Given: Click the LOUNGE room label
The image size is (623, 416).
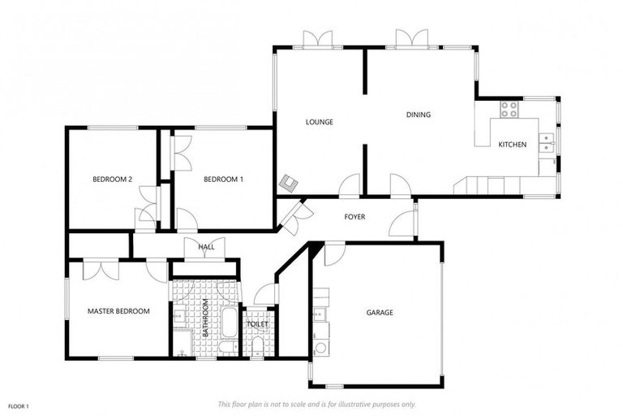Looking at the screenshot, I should (319, 122).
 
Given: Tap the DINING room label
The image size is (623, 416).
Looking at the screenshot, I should (418, 115).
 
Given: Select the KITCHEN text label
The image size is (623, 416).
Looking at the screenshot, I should (512, 145).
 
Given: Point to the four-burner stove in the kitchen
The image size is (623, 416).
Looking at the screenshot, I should (509, 109).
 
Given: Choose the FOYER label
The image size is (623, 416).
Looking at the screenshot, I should (354, 217).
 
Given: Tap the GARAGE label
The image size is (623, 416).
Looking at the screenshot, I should (379, 312).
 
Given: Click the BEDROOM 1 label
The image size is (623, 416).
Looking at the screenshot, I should (223, 179).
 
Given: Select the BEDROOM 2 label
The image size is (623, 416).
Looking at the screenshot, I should (112, 179).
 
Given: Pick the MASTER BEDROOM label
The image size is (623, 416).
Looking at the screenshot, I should (118, 311).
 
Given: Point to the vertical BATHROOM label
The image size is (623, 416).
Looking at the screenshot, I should (206, 318).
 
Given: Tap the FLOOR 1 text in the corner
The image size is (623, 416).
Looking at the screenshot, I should (19, 405).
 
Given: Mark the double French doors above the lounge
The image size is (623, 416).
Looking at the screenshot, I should (317, 38).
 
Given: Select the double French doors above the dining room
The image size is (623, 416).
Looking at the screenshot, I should (411, 38).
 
